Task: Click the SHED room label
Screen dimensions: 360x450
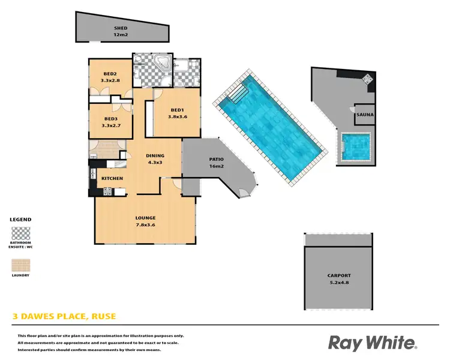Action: pos(121,28)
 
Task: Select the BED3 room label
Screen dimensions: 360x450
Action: pos(109,119)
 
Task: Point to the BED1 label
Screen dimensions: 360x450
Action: pos(177,110)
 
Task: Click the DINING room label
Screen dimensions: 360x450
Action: pos(155,156)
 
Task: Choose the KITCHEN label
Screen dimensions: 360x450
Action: pos(112,179)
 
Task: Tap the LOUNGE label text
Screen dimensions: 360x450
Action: pos(146,217)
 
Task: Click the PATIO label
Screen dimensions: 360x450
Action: pos(216,159)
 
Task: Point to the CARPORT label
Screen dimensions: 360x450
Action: pos(339,275)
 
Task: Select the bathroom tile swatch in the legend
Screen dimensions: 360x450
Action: pos(21,233)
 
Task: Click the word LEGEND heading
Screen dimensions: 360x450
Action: pos(21,220)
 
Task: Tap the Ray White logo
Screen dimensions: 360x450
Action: pos(372,343)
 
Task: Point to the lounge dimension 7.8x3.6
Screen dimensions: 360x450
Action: pos(146,224)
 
